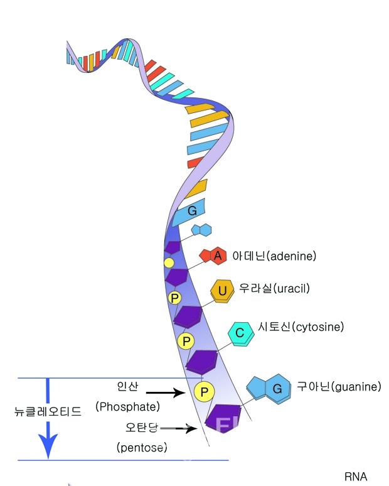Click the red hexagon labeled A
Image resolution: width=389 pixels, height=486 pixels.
(x=217, y=256)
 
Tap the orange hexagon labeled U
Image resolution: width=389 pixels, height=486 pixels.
(x=222, y=290)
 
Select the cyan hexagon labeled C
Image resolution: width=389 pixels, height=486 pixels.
(x=240, y=333)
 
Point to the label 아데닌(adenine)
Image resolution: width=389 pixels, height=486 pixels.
(x=274, y=256)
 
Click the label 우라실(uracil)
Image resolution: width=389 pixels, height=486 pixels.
(x=274, y=289)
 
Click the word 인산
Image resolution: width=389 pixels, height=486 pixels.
(x=126, y=384)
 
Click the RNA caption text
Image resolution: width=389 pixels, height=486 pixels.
(x=356, y=476)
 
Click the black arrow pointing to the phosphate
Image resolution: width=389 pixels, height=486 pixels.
(x=166, y=392)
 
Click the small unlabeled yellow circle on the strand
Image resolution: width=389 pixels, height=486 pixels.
(x=169, y=262)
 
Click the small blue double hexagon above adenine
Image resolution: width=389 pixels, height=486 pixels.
(x=201, y=230)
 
